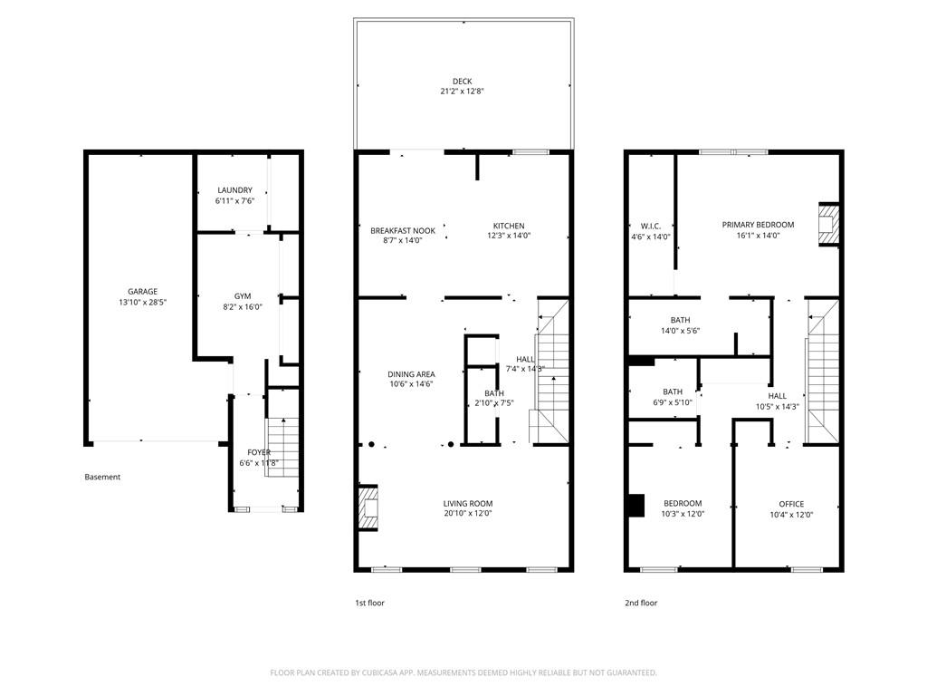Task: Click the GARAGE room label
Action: pos(142,292)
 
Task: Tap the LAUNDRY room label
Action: pos(234,190)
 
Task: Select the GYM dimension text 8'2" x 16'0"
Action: pos(243,307)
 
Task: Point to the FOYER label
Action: pos(259,452)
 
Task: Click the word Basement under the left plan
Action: pos(102,478)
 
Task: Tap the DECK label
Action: pos(463,82)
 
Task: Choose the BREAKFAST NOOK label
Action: pos(403,230)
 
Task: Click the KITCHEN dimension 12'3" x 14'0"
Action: pos(509,237)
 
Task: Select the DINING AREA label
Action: pos(411,374)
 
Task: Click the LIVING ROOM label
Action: pos(467,504)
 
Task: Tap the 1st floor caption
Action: pos(368,603)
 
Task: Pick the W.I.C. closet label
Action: pos(650,226)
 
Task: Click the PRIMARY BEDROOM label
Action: pos(758,225)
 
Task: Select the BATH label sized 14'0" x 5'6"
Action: pos(680,320)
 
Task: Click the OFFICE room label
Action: pos(791,504)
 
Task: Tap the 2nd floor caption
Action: pos(641,603)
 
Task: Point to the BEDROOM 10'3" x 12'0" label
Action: pos(683,504)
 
